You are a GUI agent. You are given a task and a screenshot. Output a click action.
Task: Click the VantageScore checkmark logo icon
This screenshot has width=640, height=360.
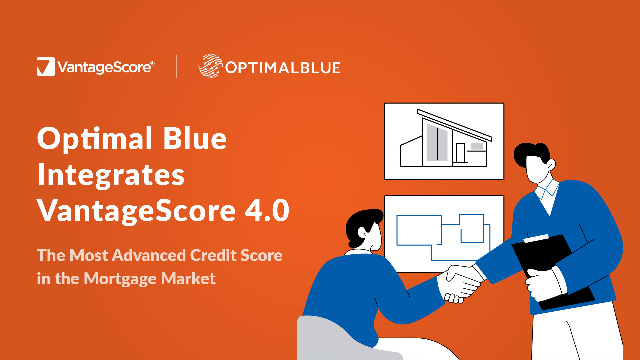pyautogui.click(x=46, y=66)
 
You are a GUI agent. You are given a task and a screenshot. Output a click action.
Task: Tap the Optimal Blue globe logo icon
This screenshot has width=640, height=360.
pyautogui.click(x=210, y=66)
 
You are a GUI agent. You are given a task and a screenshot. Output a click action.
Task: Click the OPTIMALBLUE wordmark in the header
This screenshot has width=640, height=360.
pyautogui.click(x=283, y=68)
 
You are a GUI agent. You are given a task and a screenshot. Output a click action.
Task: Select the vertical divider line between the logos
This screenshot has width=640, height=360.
pyautogui.click(x=176, y=66)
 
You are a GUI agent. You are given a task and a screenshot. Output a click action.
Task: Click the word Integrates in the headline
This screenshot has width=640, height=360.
pyautogui.click(x=111, y=176)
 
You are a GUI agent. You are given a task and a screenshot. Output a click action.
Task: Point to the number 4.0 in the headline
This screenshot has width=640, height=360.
pyautogui.click(x=267, y=210)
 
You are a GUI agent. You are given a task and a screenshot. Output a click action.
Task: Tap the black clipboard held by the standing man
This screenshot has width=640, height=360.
pyautogui.click(x=550, y=270)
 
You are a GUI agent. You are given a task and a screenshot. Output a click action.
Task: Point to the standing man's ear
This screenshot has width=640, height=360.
pyautogui.click(x=551, y=165)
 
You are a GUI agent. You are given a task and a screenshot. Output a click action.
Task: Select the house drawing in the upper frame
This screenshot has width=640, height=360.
pyautogui.click(x=446, y=138)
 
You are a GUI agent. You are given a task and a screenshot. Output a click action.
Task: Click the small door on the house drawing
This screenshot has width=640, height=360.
pyautogui.click(x=460, y=153)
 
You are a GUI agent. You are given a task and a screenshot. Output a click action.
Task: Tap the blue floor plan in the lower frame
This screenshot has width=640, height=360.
pyautogui.click(x=443, y=237)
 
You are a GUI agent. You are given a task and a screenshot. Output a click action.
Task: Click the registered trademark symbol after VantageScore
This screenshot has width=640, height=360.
pyautogui.click(x=152, y=63)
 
